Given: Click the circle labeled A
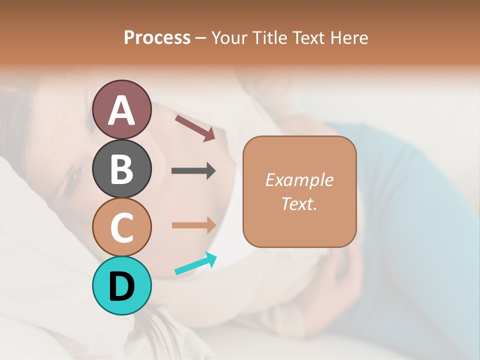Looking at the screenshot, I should [x=122, y=109].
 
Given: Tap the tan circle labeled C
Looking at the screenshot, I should [x=122, y=227].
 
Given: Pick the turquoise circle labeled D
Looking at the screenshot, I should [x=122, y=285].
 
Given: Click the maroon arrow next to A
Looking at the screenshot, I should [x=195, y=128].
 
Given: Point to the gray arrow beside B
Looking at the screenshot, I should [x=193, y=171].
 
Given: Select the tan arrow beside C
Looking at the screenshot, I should [x=193, y=225].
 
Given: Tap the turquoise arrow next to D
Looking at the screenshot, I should [x=195, y=263].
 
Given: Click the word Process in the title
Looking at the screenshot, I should [x=157, y=37].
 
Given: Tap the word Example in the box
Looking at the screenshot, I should [x=299, y=180].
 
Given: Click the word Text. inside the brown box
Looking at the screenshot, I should [x=299, y=203].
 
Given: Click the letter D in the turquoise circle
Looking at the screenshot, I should [x=122, y=286].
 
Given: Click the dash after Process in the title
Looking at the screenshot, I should [x=200, y=38].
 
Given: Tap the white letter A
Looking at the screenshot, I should [x=122, y=110].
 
